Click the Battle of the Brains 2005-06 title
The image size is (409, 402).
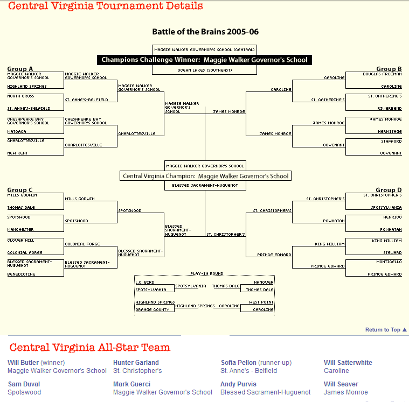tap(205, 32)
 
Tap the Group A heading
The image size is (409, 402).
tap(20, 69)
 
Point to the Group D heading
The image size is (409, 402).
tap(389, 190)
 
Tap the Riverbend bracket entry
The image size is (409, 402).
tap(390, 108)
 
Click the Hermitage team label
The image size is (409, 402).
tap(390, 131)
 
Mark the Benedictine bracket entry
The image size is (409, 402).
tap(20, 274)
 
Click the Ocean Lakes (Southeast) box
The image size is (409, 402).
tap(205, 70)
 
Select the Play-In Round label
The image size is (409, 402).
tap(207, 274)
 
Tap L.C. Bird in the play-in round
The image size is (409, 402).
tap(145, 282)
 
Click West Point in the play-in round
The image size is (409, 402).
tap(261, 302)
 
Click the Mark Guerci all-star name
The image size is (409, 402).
tap(131, 384)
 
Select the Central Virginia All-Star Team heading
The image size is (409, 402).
tap(90, 348)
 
